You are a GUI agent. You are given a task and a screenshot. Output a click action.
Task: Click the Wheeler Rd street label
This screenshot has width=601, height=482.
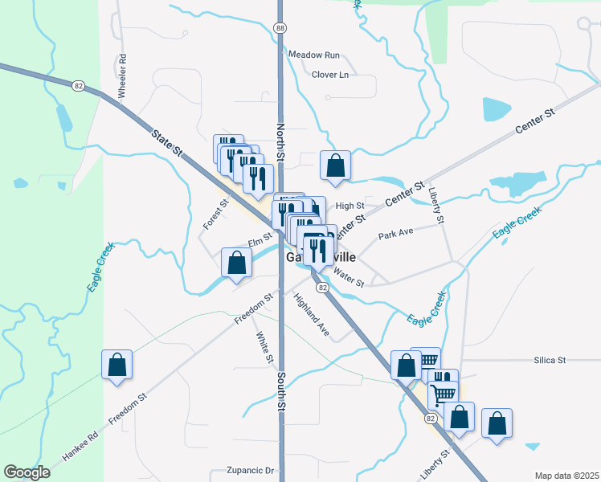click(x=123, y=76)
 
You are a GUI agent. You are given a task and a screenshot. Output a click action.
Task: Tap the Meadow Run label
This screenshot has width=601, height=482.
click(x=315, y=55)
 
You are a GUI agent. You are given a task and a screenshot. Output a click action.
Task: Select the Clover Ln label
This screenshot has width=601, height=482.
click(x=330, y=75)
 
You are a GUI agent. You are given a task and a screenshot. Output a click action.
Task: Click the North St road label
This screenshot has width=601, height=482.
click(x=281, y=140)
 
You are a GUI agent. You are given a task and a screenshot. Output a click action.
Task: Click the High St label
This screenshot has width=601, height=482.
click(x=350, y=206)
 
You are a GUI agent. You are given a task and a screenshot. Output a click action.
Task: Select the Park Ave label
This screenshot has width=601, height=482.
click(x=395, y=232)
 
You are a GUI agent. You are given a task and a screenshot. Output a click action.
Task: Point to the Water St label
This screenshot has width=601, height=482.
click(x=349, y=278)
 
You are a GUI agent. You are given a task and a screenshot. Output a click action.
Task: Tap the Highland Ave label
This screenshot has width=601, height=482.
click(x=312, y=315)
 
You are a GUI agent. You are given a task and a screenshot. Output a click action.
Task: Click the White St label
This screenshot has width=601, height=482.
click(x=264, y=347)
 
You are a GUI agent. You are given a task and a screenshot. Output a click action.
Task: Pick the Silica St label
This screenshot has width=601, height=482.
click(x=550, y=361)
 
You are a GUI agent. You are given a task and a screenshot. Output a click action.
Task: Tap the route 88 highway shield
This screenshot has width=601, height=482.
click(x=280, y=28)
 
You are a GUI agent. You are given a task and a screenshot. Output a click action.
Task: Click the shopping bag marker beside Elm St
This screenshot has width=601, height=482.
click(x=236, y=263)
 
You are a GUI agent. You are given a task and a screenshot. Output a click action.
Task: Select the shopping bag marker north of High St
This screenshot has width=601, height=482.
click(x=336, y=165)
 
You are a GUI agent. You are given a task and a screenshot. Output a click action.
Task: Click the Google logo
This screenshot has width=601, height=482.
click(x=27, y=472)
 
